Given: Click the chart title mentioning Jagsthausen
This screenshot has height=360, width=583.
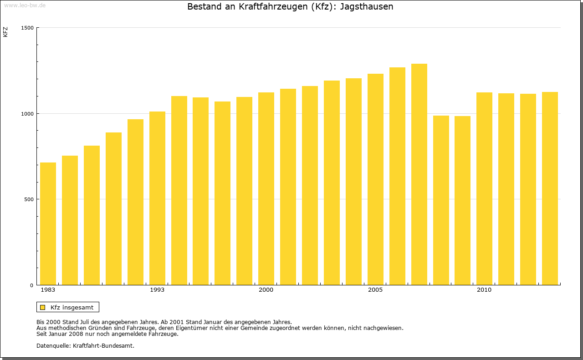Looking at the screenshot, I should coord(290,7).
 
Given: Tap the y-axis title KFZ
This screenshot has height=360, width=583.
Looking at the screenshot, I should coord(5,32).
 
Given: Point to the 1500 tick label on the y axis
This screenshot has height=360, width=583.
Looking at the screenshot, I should coord(28,28).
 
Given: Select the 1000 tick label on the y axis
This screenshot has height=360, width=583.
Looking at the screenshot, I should coord(28,113).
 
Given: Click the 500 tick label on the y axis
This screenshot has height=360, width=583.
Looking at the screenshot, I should coord(29,199).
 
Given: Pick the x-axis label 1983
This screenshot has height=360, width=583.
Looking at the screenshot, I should coord(48,290).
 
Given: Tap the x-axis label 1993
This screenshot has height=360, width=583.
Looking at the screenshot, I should coord(157,290).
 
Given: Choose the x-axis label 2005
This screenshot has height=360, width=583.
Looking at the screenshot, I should coord(375,290).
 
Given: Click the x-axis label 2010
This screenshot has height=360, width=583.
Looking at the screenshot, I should coord(484,290).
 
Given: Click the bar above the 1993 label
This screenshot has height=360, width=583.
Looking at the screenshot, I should coord(157,198).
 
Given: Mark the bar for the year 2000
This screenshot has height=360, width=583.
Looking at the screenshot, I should coord(266,189).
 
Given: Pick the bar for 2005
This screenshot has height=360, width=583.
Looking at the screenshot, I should coord(375,179).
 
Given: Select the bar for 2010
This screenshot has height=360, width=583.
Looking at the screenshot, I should coord(484,189).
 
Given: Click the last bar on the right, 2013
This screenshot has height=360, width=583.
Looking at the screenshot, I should coord(550,188).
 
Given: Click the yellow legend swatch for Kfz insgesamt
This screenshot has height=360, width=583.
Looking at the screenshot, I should coord(43,308).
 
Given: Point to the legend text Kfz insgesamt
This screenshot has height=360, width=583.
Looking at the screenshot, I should coord(72,308).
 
